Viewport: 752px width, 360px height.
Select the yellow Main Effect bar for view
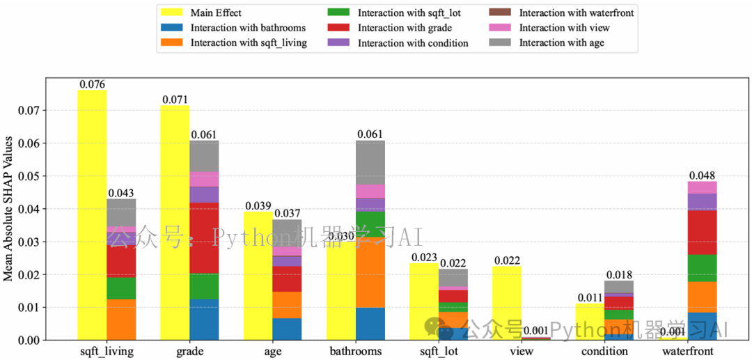click(507, 303)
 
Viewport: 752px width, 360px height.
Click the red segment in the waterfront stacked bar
click(703, 232)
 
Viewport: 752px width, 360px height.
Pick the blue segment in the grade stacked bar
click(204, 320)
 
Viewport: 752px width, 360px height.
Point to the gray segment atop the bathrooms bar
click(370, 162)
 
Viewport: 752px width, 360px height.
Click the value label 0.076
click(92, 84)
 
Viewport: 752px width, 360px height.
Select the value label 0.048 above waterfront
click(703, 175)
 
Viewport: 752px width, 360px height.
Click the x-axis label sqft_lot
click(439, 351)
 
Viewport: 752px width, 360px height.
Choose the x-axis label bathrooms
click(356, 351)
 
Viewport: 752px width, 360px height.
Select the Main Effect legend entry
click(217, 13)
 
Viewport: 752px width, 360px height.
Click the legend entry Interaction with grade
click(405, 28)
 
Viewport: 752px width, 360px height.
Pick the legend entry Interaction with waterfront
click(576, 13)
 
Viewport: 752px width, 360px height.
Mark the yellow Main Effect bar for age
click(258, 276)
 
